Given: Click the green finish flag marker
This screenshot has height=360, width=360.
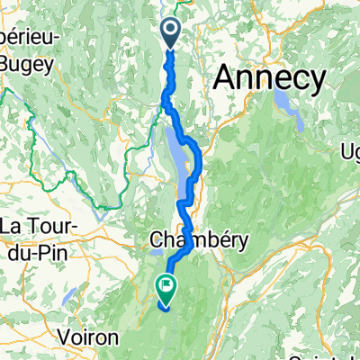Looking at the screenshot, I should (x=166, y=287).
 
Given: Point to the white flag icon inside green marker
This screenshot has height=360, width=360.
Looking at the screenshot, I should (x=166, y=285).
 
